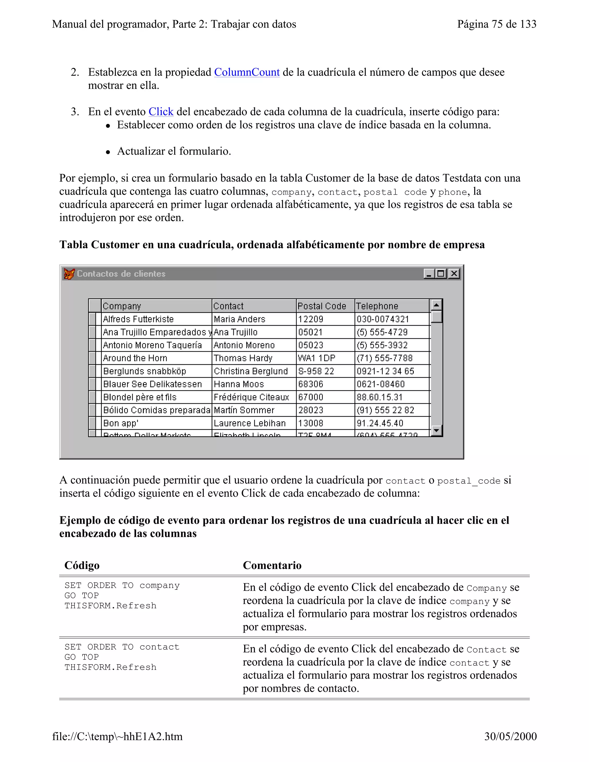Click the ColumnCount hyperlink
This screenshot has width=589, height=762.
click(x=247, y=72)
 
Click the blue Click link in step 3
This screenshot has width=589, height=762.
click(x=161, y=112)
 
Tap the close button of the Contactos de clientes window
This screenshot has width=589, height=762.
click(x=454, y=273)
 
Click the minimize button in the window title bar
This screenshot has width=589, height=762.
click(x=429, y=273)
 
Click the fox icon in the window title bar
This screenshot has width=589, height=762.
click(x=69, y=274)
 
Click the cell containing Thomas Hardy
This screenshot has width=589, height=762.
click(x=243, y=358)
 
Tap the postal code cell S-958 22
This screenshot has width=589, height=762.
click(x=316, y=371)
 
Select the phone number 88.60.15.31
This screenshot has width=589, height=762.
click(x=379, y=397)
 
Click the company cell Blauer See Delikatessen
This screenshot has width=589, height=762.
click(x=152, y=384)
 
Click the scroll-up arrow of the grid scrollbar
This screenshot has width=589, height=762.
click(x=436, y=305)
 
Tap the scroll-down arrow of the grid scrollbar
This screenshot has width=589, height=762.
click(x=436, y=430)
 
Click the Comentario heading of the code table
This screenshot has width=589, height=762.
click(x=272, y=565)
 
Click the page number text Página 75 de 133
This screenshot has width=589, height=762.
click(x=496, y=24)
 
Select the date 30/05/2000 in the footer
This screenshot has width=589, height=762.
click(x=510, y=736)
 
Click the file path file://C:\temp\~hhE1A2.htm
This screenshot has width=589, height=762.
click(x=117, y=736)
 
